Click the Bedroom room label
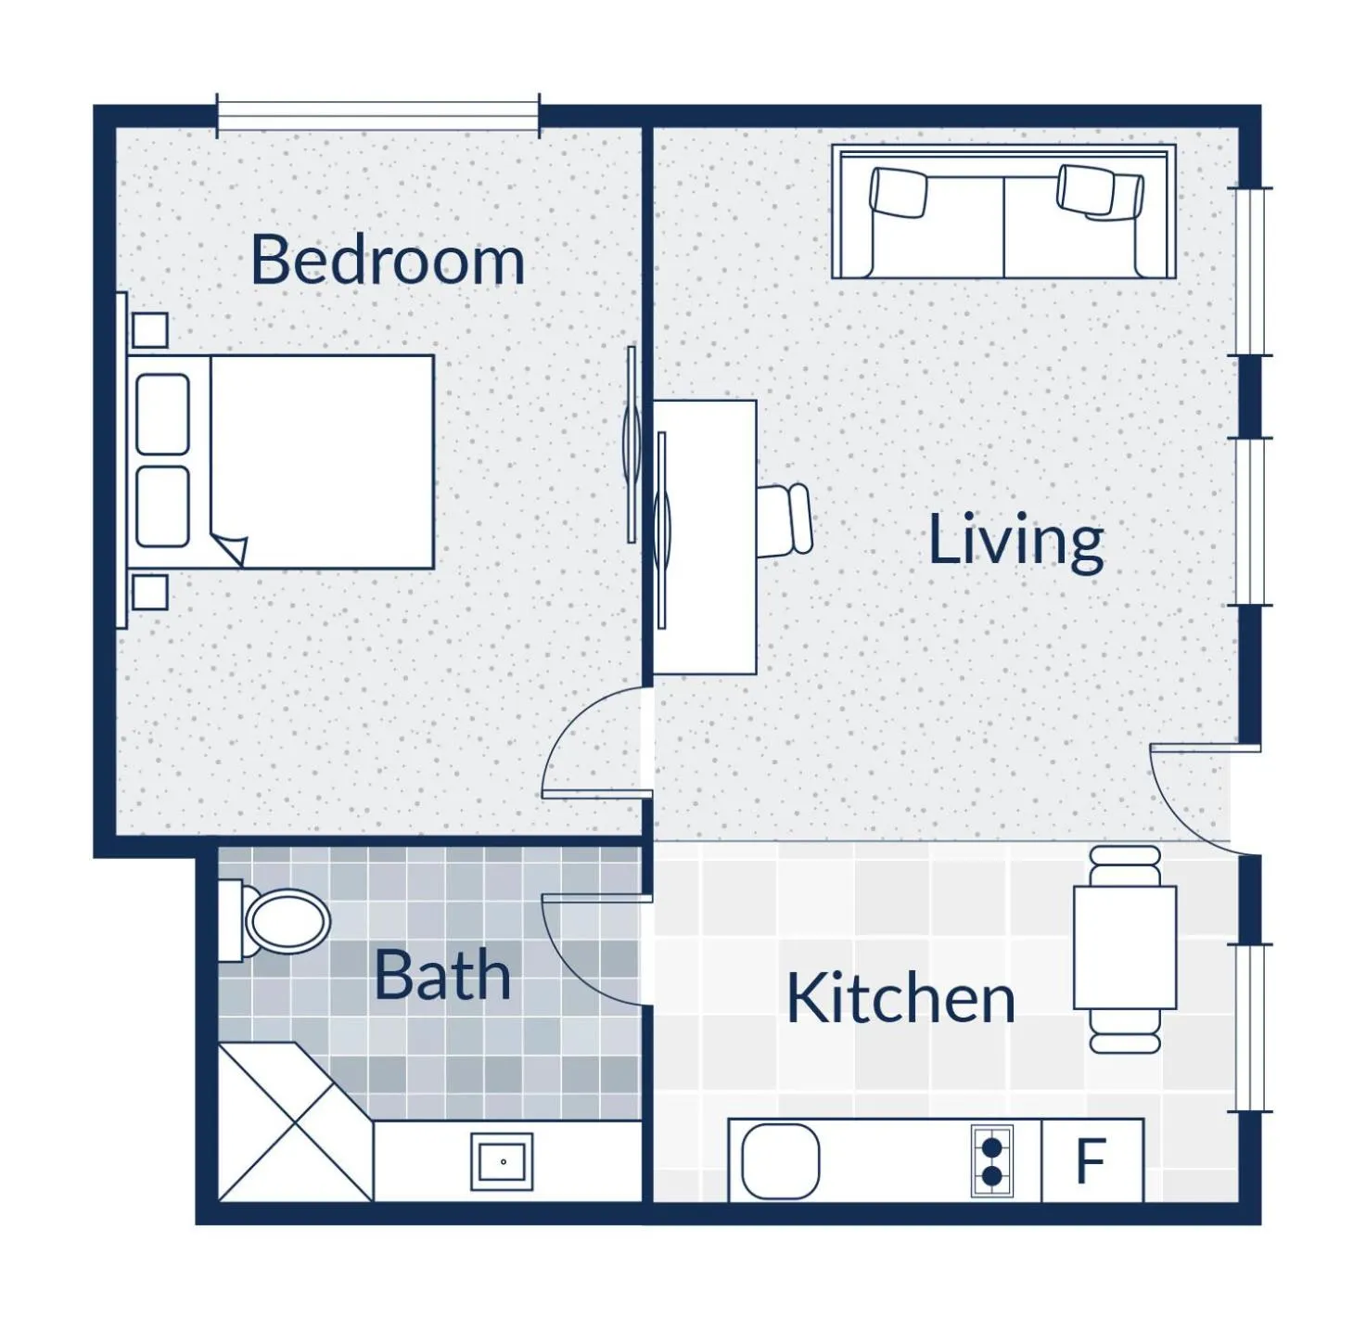click(387, 260)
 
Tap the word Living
click(1015, 539)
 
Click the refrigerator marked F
click(1092, 1160)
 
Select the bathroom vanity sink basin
click(502, 1161)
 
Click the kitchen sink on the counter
click(781, 1161)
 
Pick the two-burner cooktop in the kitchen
click(992, 1161)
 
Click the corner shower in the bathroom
click(295, 1121)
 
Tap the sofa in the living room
click(1003, 212)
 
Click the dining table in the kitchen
click(1125, 948)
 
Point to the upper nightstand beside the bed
click(150, 330)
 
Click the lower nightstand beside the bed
click(150, 592)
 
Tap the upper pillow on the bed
click(163, 415)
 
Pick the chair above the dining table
click(1125, 866)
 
